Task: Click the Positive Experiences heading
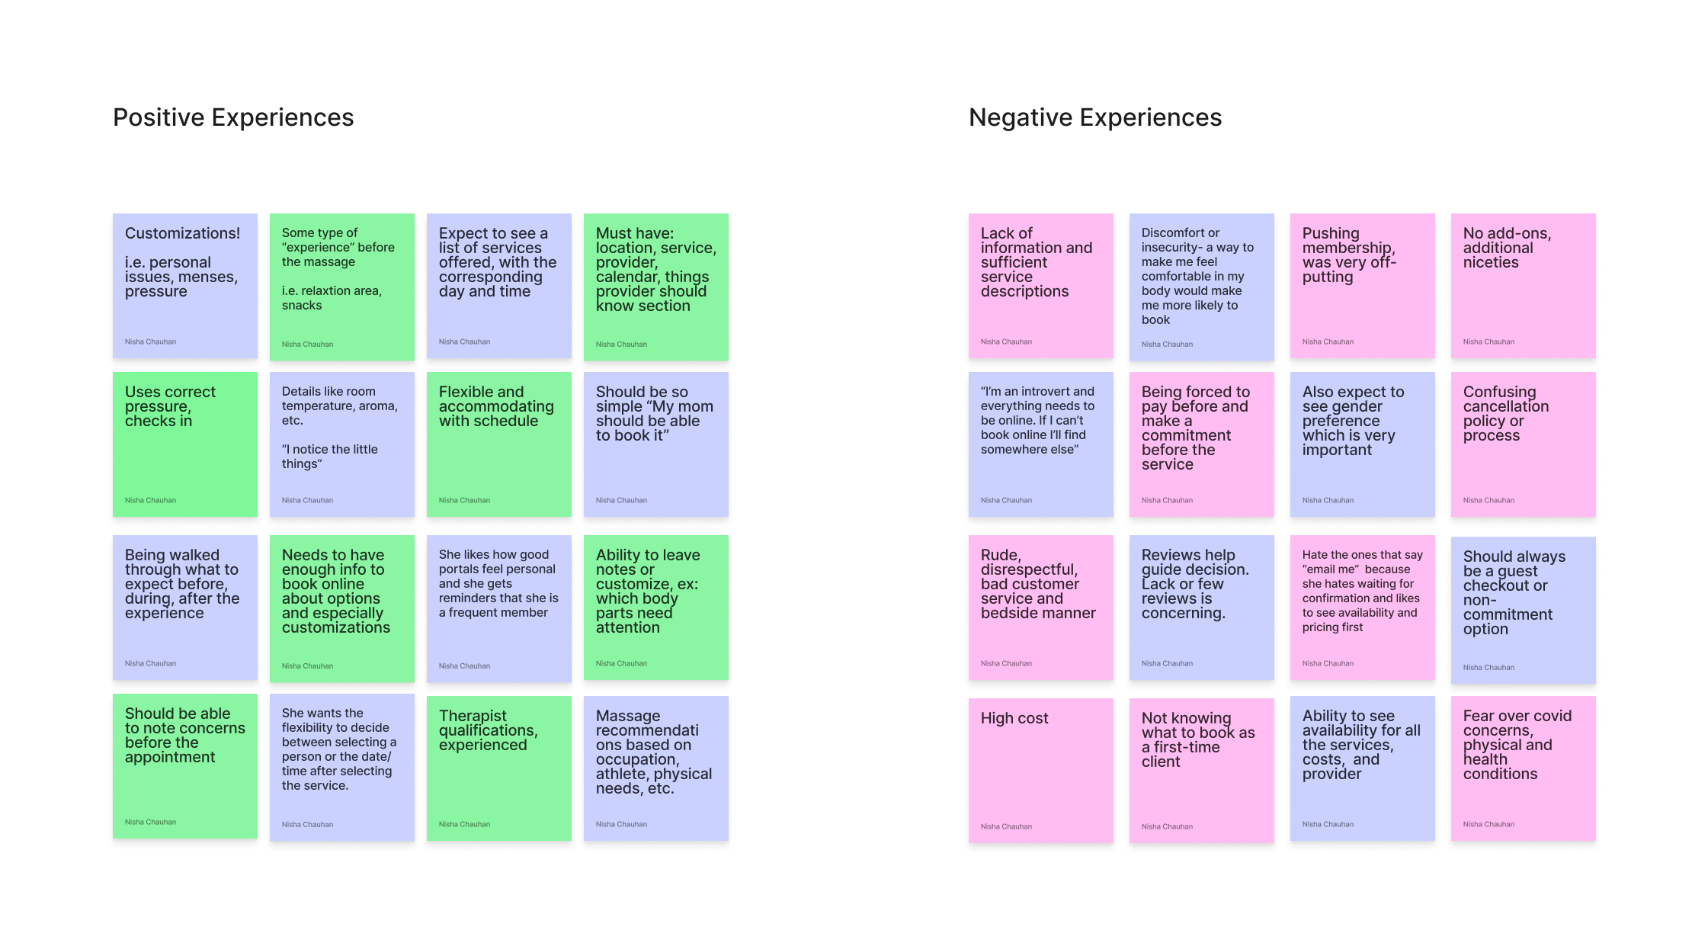(x=233, y=117)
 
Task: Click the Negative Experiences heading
(x=1094, y=117)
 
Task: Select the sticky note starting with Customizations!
(x=184, y=285)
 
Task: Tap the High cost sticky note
(x=1040, y=770)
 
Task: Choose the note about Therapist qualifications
(x=498, y=768)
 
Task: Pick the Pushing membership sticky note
(x=1362, y=285)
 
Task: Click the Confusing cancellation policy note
(x=1523, y=444)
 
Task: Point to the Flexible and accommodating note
(x=498, y=444)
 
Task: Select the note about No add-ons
(x=1523, y=285)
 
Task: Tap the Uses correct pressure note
(x=184, y=444)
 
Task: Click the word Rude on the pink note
(x=999, y=555)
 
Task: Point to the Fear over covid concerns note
(x=1523, y=768)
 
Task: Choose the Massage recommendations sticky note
(x=655, y=768)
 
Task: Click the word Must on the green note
(x=614, y=233)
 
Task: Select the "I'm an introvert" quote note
(x=1040, y=444)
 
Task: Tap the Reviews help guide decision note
(x=1201, y=607)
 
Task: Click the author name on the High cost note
(x=1006, y=826)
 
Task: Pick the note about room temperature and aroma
(x=341, y=444)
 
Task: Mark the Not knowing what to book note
(x=1201, y=770)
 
